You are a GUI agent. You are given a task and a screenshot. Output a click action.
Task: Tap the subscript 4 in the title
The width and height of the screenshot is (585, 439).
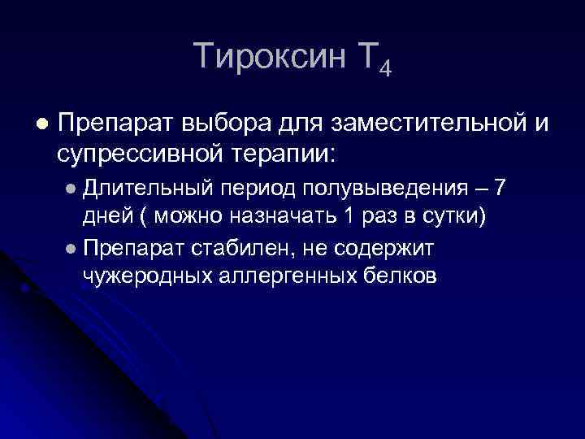pos(384,68)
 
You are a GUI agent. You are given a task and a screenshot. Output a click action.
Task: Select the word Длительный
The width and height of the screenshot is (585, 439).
pos(149,189)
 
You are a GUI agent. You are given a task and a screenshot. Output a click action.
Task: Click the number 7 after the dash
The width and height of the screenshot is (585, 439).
pos(500,189)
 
